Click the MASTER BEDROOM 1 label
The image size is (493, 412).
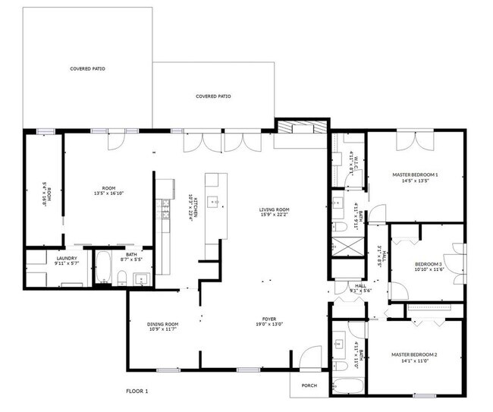click(x=415, y=175)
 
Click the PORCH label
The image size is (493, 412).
click(x=309, y=385)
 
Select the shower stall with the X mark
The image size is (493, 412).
click(x=343, y=248)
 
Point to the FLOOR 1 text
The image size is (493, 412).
click(x=137, y=391)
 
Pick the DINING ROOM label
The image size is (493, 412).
click(x=162, y=324)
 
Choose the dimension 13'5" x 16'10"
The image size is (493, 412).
click(x=108, y=193)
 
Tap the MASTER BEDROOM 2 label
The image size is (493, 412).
click(x=414, y=354)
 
